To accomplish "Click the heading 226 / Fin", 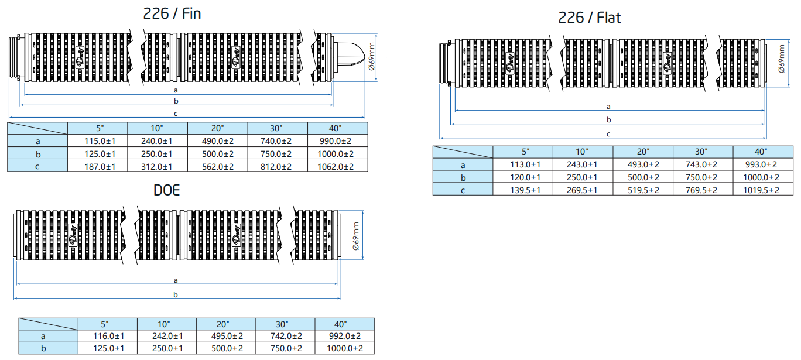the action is (172, 14).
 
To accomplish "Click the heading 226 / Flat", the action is (589, 18).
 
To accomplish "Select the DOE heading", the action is (167, 190).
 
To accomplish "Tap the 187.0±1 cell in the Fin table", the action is (100, 167).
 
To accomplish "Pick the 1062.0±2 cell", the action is (336, 167).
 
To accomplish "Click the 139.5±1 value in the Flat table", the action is (525, 190).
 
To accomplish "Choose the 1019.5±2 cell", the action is (761, 190).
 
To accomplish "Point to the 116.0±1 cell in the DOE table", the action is (109, 336).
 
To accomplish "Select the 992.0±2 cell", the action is (345, 336).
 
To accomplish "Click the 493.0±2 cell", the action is (643, 164).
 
